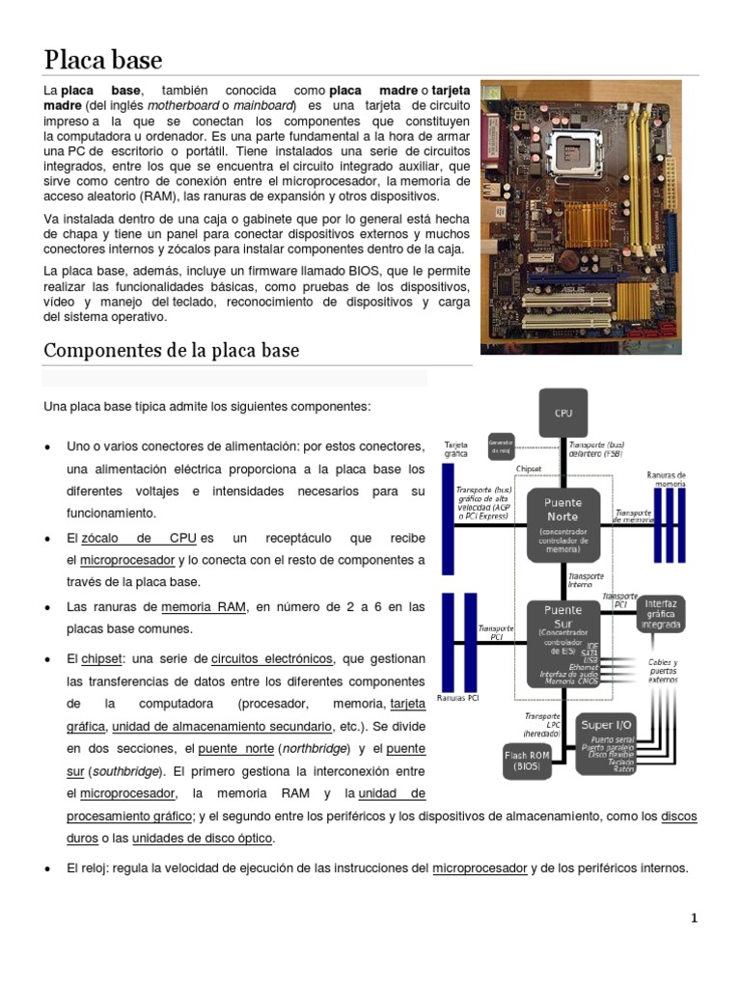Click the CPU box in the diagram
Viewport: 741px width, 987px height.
[563, 413]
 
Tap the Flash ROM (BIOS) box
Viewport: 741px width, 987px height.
[527, 761]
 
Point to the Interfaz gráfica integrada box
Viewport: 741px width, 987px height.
[661, 613]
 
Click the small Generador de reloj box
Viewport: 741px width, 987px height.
[501, 446]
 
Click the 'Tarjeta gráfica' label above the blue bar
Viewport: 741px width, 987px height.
[455, 450]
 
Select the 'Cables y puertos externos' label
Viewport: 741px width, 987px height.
[662, 669]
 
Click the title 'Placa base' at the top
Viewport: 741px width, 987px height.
[103, 60]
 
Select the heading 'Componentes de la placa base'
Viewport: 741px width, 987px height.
[172, 350]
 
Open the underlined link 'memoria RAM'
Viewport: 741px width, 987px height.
[204, 607]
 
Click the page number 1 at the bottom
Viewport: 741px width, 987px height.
[694, 918]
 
